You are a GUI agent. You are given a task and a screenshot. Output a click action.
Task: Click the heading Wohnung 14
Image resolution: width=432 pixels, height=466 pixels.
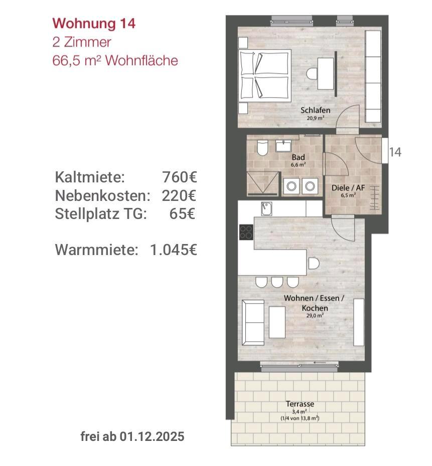[x=94, y=24]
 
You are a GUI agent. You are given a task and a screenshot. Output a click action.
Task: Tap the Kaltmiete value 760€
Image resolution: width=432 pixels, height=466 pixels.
[x=180, y=177]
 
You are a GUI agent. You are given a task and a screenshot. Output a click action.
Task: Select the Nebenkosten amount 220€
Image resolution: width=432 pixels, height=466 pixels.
[x=179, y=195]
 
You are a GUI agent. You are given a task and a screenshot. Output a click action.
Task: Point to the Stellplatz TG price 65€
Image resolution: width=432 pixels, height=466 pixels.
[x=182, y=213]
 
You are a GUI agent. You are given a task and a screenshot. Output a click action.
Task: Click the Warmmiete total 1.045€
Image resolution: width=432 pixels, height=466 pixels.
[x=174, y=250]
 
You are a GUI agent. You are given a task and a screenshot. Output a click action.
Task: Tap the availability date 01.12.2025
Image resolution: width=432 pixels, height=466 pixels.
[x=152, y=436]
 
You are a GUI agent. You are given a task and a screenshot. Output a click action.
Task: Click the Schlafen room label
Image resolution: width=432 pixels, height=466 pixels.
[x=316, y=110]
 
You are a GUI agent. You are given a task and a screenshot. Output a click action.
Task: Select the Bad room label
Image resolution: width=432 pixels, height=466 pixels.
[x=298, y=157]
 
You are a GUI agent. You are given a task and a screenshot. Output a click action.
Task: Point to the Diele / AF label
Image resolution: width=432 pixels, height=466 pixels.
[x=348, y=188]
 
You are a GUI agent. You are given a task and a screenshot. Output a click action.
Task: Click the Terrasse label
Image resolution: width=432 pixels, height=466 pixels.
[x=300, y=404]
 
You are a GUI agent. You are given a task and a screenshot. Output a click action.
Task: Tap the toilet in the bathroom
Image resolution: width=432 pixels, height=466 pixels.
[x=262, y=148]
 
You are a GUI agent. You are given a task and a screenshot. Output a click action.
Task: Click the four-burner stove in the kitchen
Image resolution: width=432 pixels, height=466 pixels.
[x=246, y=232]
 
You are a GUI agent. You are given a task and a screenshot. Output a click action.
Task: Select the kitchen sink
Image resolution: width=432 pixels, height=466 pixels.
[x=266, y=208]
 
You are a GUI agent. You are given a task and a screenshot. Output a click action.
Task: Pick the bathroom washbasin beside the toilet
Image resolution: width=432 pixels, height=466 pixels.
[x=283, y=146]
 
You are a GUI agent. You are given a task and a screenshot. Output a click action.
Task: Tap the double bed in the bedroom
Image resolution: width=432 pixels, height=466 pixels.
[x=264, y=76]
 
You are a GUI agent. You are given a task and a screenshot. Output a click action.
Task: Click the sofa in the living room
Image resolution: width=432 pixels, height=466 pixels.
[x=253, y=323]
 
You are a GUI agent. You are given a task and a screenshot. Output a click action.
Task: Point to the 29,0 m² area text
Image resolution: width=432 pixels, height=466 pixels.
[x=315, y=316]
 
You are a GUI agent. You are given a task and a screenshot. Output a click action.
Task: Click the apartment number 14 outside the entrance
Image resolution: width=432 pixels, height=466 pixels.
[x=395, y=152]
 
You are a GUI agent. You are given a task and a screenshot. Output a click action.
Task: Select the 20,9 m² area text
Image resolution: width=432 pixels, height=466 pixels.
[x=316, y=118]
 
